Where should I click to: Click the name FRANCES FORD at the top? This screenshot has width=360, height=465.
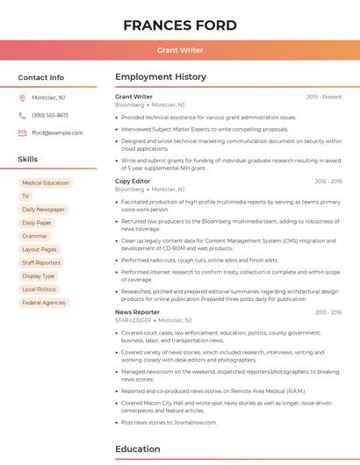tap(179, 25)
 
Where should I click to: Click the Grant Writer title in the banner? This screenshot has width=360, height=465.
tap(179, 50)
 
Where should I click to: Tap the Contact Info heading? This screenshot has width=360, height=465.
tap(40, 77)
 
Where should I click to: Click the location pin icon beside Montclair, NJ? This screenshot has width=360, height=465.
tap(22, 97)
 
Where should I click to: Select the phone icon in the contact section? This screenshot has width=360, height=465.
tap(22, 115)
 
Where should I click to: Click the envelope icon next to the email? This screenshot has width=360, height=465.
tap(22, 132)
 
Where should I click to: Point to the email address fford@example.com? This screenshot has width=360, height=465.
tap(57, 132)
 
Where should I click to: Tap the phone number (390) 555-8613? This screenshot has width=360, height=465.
tap(50, 115)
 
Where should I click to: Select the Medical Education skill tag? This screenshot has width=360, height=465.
tap(45, 183)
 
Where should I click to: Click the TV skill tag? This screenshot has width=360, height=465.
tap(25, 197)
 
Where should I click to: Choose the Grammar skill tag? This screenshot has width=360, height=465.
tap(34, 236)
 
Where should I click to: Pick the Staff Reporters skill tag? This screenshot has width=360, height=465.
tap(41, 262)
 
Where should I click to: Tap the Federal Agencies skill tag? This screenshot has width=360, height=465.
tap(44, 303)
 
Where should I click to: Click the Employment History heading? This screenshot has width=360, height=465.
tap(161, 77)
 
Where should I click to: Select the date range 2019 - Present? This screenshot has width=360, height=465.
tap(324, 97)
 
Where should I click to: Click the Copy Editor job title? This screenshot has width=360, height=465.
tap(133, 181)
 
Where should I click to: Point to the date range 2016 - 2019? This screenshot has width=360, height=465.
tap(328, 181)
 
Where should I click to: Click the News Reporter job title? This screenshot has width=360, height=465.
tap(137, 311)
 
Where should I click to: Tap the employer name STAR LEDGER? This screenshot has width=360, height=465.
tap(133, 320)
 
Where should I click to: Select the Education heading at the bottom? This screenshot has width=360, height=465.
tap(137, 449)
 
